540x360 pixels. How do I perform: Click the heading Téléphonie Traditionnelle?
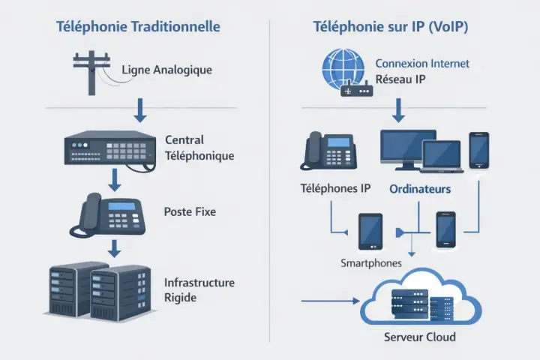(x=138, y=27)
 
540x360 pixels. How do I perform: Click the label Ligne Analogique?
(x=166, y=70)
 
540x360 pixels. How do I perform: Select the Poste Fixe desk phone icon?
(x=110, y=214)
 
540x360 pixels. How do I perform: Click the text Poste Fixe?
(x=190, y=212)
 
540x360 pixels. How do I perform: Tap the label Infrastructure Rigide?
(x=199, y=290)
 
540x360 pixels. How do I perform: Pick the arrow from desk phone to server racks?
(x=114, y=248)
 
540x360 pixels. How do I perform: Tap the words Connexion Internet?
(x=422, y=64)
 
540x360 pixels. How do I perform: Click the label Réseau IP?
(x=401, y=79)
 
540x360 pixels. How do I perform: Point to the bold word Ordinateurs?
(x=420, y=190)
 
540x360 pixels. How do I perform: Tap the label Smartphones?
(x=371, y=263)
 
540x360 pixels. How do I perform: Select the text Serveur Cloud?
(x=419, y=337)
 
